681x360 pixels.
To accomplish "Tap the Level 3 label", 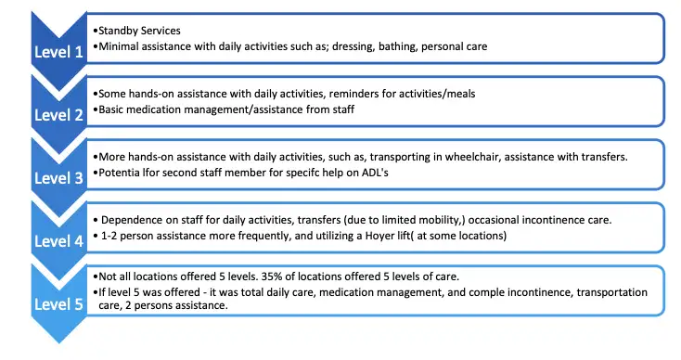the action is [x=58, y=176].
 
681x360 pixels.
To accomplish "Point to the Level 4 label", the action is [x=58, y=239].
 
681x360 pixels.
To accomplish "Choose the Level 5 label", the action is [x=58, y=302].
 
